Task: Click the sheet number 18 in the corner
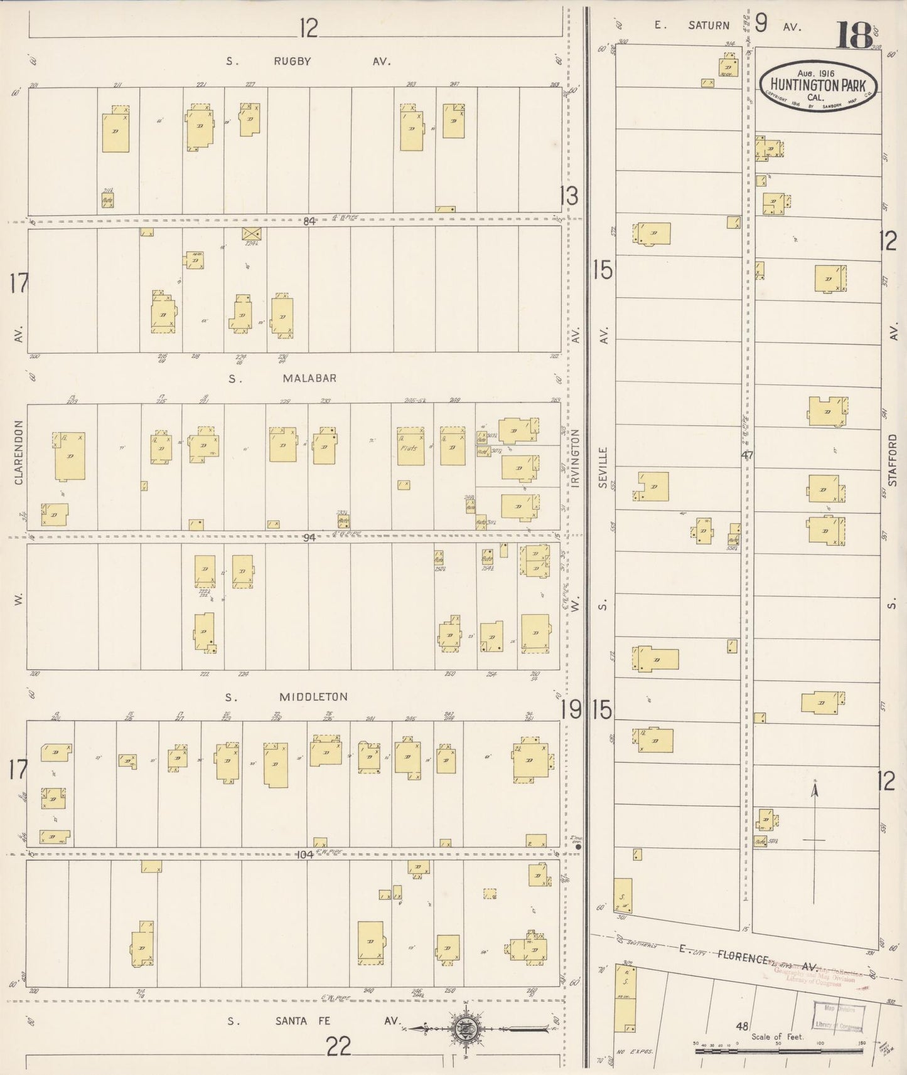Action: (x=854, y=35)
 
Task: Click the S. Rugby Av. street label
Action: (x=308, y=61)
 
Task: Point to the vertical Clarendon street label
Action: (x=18, y=452)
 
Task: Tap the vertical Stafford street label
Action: (x=893, y=460)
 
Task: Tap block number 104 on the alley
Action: (x=307, y=854)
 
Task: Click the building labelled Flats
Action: (x=411, y=447)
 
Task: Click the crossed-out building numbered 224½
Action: (x=252, y=235)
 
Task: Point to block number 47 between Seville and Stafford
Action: (x=747, y=457)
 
